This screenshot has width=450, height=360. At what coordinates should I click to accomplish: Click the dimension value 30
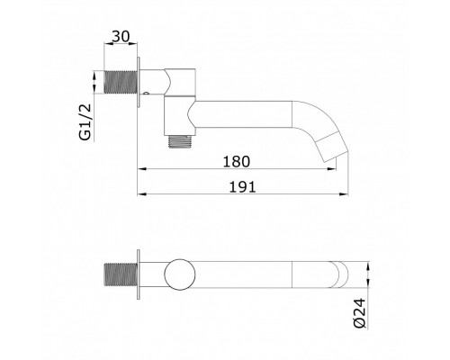(x=121, y=37)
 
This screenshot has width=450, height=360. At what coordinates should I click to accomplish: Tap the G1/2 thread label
(x=85, y=121)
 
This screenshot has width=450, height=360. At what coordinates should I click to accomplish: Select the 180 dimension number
(x=237, y=162)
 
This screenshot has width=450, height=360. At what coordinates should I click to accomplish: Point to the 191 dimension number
(x=243, y=187)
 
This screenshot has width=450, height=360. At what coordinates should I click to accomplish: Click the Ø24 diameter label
(x=360, y=313)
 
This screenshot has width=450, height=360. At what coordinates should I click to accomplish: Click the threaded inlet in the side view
(x=121, y=82)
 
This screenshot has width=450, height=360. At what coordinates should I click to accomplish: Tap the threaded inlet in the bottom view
(x=121, y=274)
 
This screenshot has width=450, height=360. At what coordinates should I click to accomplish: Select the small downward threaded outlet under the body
(x=180, y=141)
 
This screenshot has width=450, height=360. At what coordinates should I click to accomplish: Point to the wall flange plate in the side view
(x=139, y=82)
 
